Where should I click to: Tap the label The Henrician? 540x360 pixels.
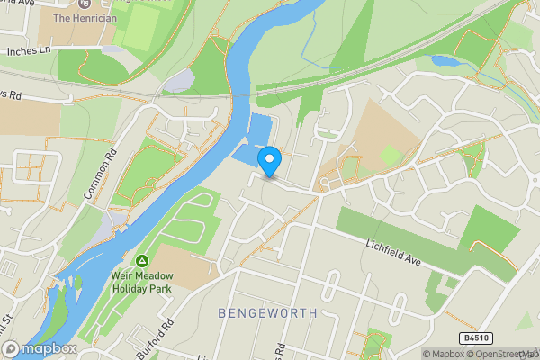(x=85, y=18)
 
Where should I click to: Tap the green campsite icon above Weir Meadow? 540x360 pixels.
(x=141, y=262)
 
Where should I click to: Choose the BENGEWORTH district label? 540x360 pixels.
(x=267, y=313)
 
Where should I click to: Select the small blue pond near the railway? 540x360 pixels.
(x=445, y=62)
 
